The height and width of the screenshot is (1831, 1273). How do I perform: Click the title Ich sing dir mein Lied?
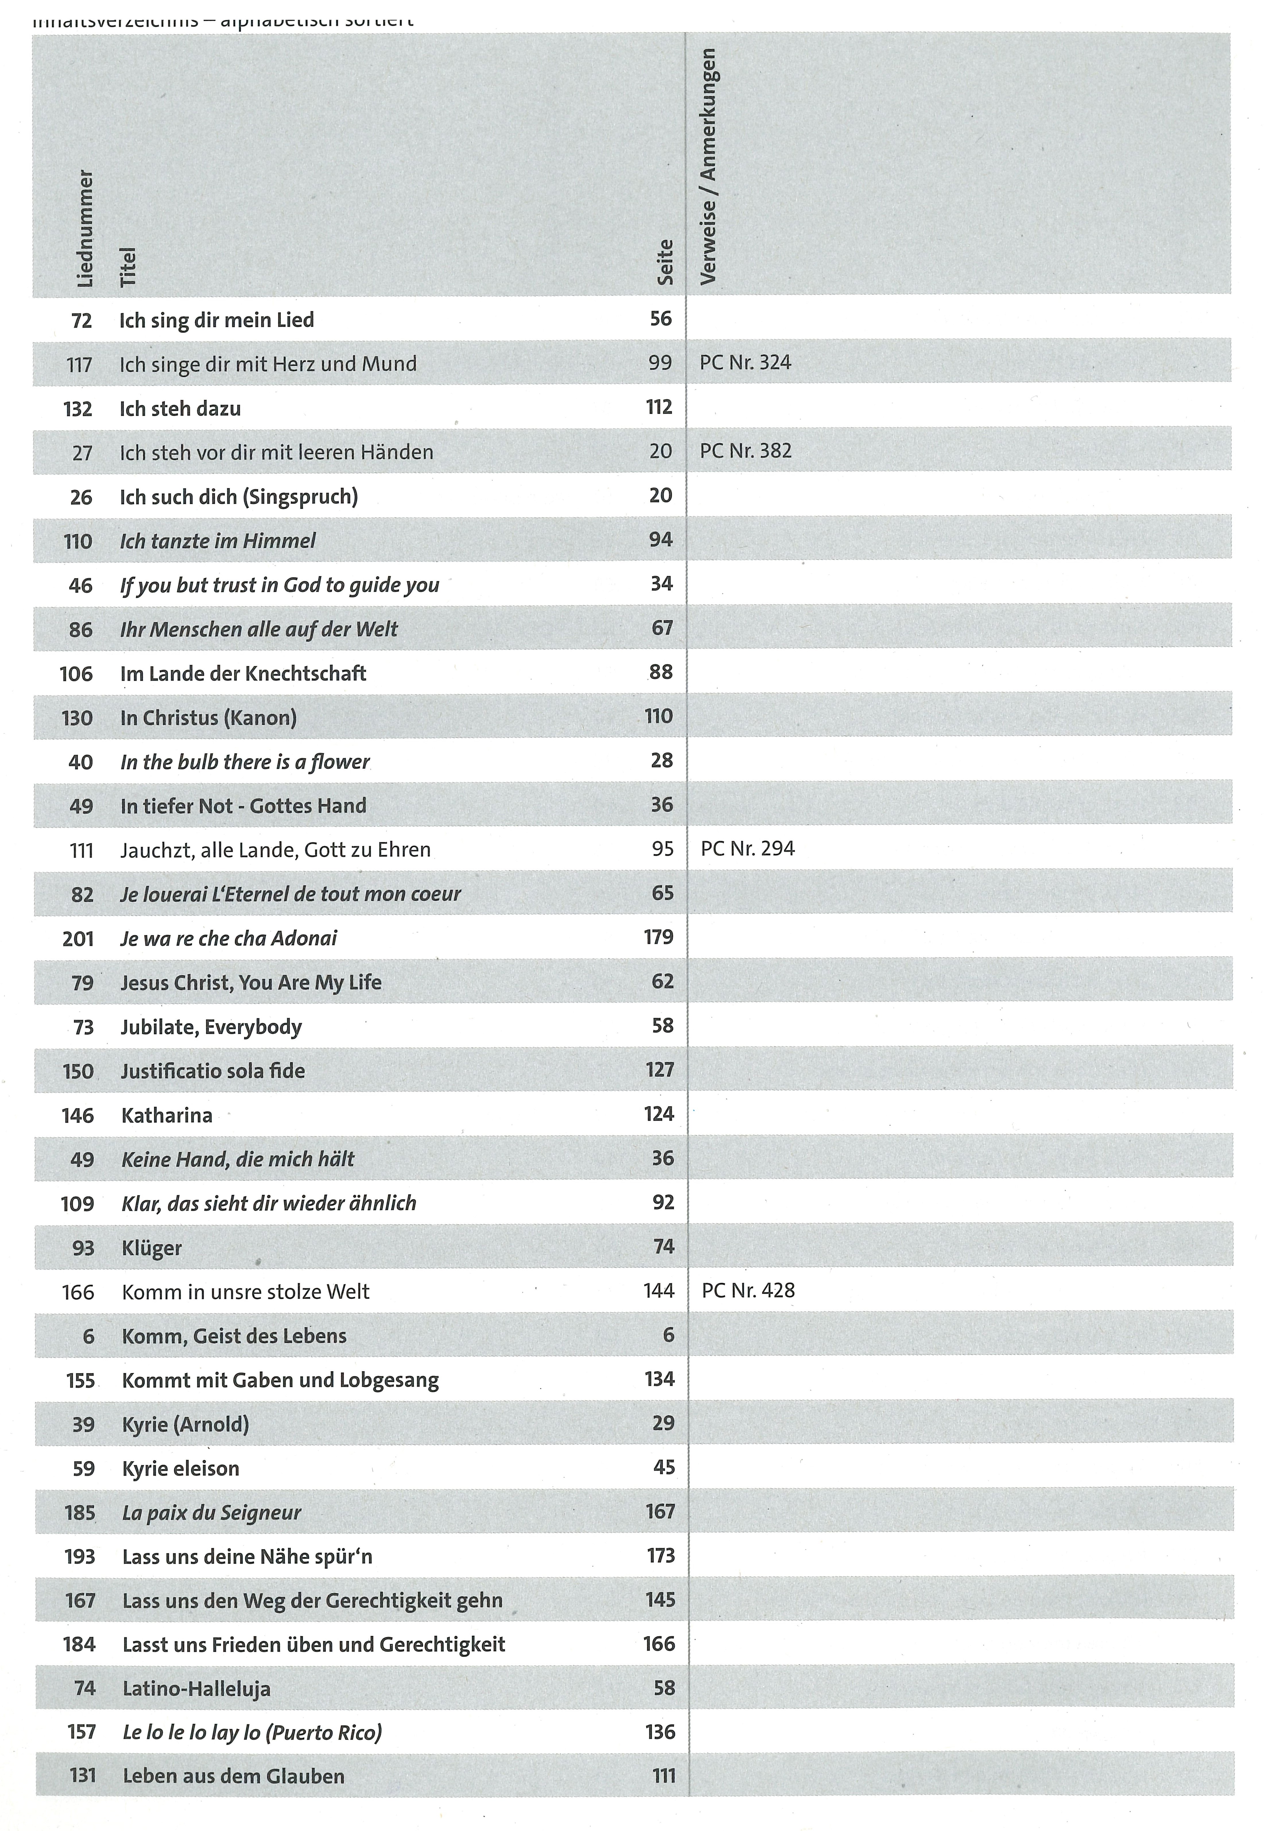(217, 320)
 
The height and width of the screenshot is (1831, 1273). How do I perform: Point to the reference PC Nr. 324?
(745, 363)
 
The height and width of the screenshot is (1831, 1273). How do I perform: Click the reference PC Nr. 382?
(745, 451)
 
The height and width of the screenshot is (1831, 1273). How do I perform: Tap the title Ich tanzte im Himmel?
(218, 541)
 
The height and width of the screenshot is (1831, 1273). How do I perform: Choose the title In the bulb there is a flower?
(245, 761)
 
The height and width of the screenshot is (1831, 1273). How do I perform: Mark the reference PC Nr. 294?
(748, 848)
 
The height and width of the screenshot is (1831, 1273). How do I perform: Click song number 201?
(78, 939)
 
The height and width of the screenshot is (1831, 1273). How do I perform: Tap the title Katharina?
(167, 1115)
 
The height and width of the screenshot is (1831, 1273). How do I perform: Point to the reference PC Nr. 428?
(748, 1290)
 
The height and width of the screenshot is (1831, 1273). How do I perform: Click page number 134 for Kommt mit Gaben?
(659, 1379)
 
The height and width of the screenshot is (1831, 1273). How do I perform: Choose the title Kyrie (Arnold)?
(185, 1424)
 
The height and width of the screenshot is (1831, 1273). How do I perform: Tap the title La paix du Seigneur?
(211, 1513)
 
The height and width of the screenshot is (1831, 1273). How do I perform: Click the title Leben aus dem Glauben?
(234, 1777)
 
